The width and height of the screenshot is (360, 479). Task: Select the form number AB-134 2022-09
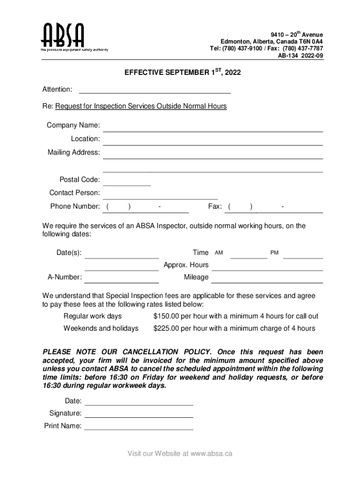click(300, 56)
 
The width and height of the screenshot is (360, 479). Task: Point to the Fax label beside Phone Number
click(215, 207)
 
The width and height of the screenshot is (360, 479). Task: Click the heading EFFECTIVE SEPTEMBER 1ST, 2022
click(183, 73)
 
